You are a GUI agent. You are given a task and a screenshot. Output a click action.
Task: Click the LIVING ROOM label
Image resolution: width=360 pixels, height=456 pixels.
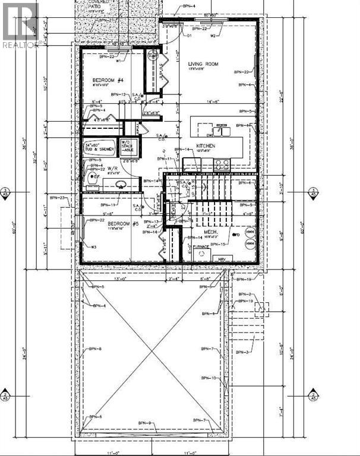[204, 64]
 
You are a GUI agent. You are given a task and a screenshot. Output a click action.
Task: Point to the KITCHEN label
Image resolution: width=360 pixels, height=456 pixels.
[206, 145]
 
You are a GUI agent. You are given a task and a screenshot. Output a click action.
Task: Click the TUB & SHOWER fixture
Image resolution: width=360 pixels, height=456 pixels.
[99, 147]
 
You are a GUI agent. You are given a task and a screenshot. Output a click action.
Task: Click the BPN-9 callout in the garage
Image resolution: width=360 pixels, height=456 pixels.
[146, 422]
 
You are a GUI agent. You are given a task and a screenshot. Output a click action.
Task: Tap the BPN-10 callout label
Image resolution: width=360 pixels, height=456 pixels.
[209, 378]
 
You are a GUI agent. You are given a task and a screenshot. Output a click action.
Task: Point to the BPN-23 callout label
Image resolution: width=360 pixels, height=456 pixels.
[58, 197]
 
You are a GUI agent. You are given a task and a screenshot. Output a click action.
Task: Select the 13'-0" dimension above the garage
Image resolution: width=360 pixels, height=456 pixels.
[104, 277]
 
